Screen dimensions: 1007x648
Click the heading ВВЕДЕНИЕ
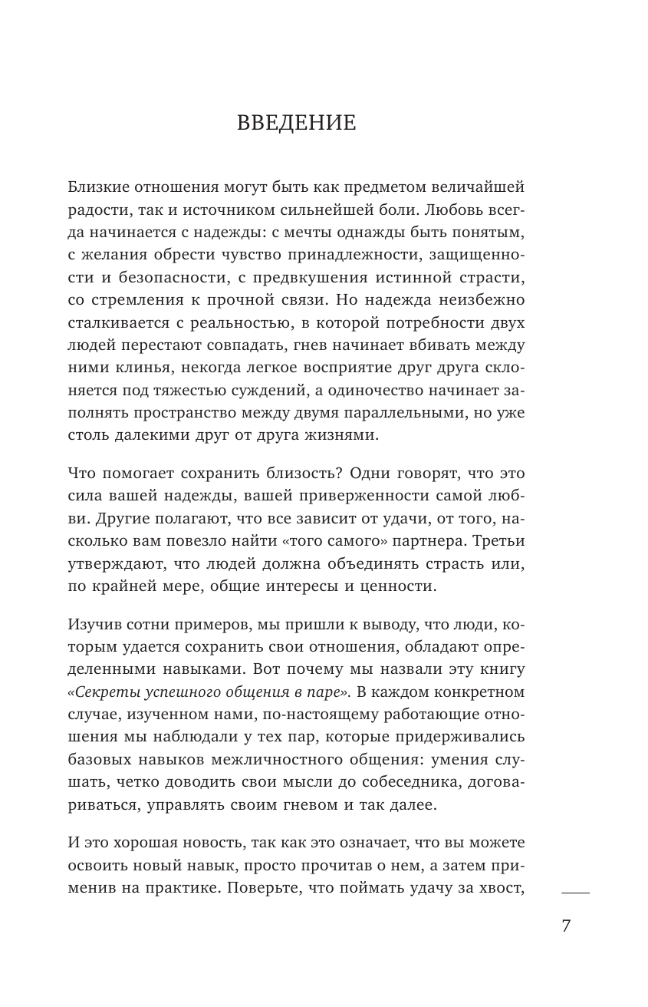(296, 123)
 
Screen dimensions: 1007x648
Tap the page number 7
(566, 926)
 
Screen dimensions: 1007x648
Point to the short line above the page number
(575, 893)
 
